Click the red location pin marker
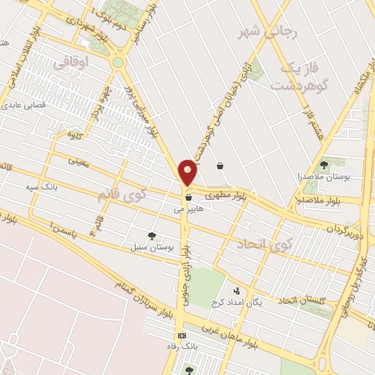click(x=188, y=172)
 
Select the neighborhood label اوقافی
click(x=92, y=64)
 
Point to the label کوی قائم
click(x=122, y=195)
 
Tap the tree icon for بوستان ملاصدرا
click(x=324, y=164)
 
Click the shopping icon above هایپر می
click(x=188, y=196)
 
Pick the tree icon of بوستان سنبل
click(x=152, y=236)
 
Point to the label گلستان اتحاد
click(x=307, y=300)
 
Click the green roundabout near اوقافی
click(x=118, y=63)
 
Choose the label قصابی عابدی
click(x=24, y=105)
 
